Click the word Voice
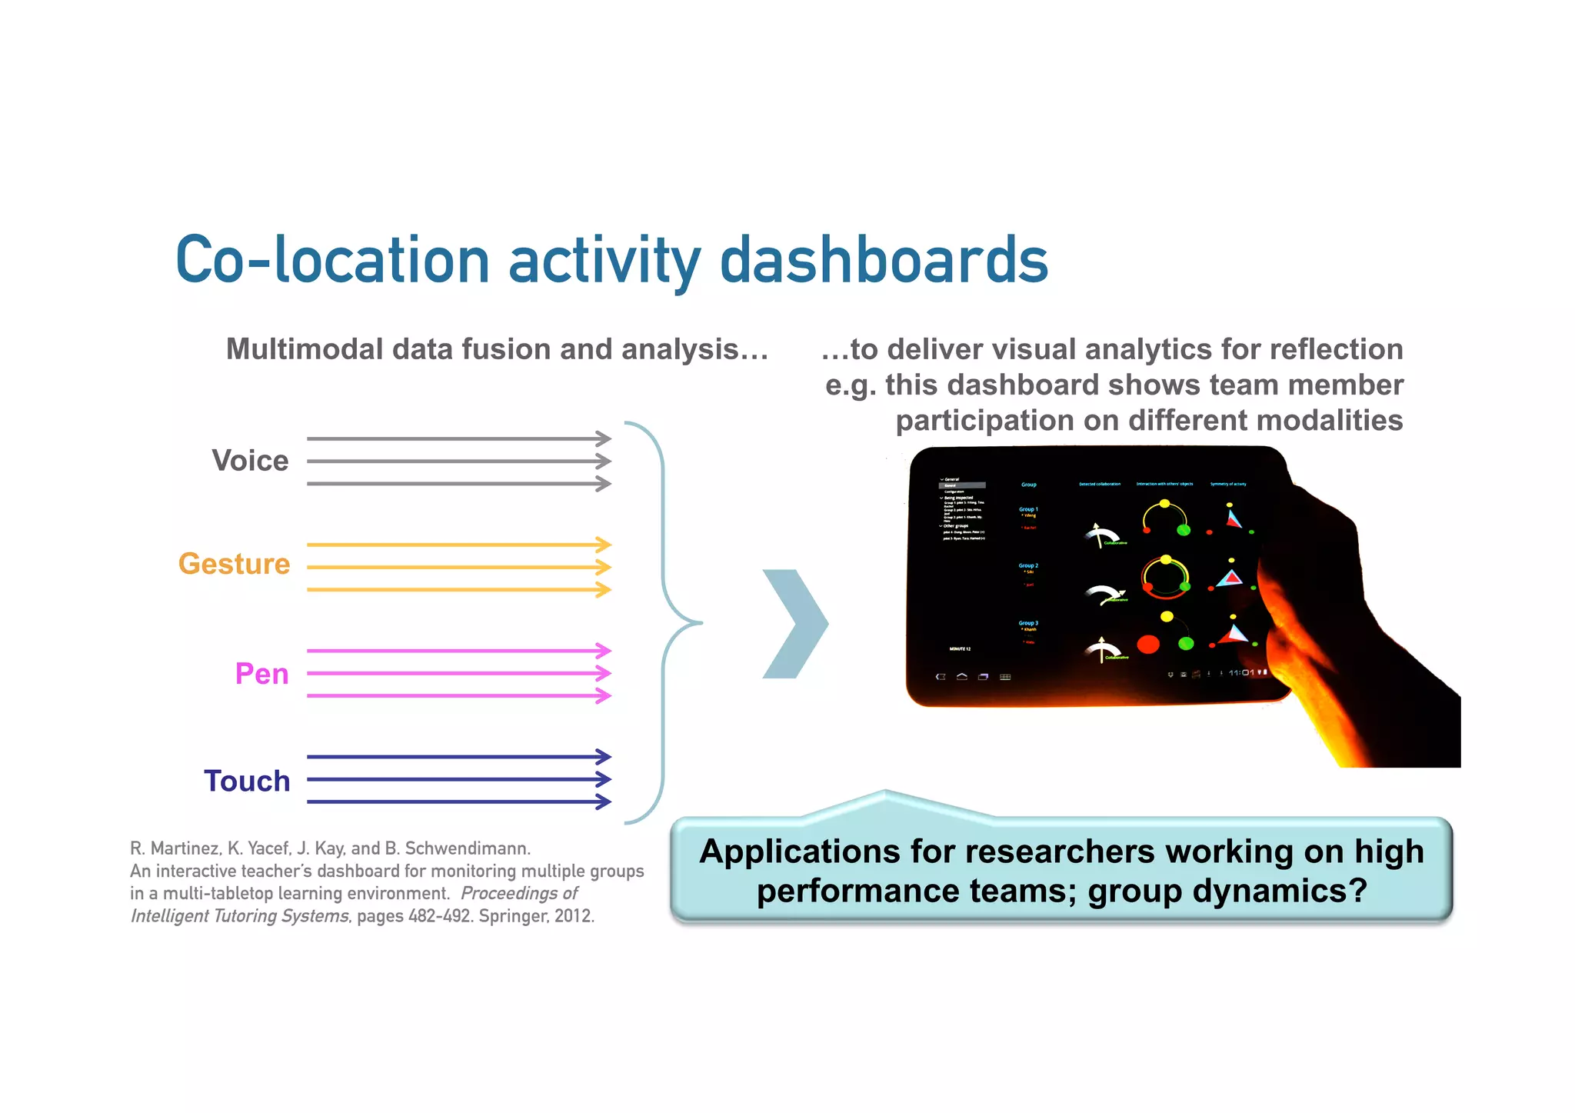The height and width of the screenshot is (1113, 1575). click(x=250, y=461)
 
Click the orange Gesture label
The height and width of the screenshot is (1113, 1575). click(x=235, y=564)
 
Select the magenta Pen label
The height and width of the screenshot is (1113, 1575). click(x=262, y=674)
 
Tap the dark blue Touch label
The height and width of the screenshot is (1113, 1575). click(x=247, y=781)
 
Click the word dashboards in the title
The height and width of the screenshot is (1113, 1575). click(x=884, y=260)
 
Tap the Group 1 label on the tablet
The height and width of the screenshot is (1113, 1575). click(x=1028, y=509)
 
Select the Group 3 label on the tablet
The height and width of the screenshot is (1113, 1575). click(x=1028, y=623)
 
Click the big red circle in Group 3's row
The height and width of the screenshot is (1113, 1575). click(x=1148, y=644)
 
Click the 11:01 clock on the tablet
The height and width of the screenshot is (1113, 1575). click(x=1240, y=673)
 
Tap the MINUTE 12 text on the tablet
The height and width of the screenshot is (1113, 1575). click(x=960, y=649)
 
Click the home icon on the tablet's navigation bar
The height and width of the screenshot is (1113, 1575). click(x=961, y=677)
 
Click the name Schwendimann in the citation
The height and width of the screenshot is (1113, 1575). click(x=467, y=848)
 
